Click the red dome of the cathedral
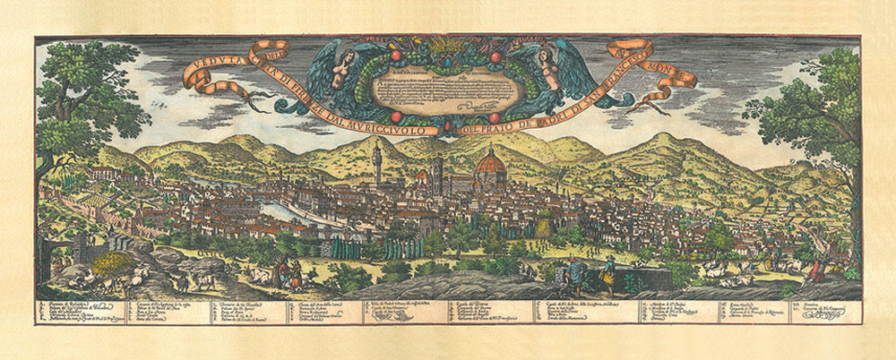[489, 165]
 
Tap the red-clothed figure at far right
[817, 271]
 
